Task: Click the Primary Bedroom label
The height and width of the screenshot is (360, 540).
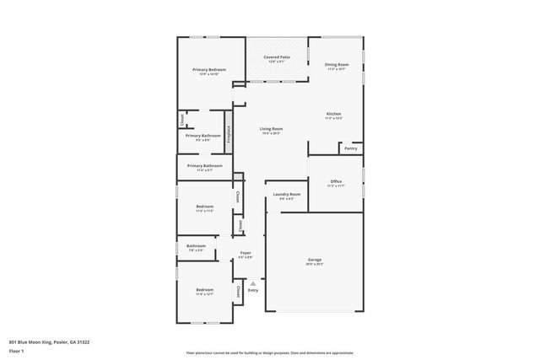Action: coord(203,69)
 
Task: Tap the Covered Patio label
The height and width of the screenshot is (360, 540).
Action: coord(277,56)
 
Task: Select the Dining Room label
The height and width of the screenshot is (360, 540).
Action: coord(337,64)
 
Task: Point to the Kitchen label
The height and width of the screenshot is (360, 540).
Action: coord(334,114)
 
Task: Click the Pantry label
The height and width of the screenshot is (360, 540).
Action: coord(351,148)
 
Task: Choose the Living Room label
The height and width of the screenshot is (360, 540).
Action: coord(271,128)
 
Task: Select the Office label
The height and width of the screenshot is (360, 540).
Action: coord(336,181)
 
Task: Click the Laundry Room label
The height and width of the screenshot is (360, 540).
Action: coord(287,194)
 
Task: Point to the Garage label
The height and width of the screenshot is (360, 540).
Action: coord(314,260)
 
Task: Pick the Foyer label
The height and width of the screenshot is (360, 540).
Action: coord(246,253)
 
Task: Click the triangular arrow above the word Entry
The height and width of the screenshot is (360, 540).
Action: coord(253,284)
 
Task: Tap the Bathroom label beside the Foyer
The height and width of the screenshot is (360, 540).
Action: coord(196,245)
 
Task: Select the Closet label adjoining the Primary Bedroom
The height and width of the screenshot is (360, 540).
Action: coord(181,121)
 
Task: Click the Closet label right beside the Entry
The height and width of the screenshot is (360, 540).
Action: coord(239,291)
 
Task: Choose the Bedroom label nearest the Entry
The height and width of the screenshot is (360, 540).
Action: coord(205,290)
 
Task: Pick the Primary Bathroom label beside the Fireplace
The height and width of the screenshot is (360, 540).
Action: coord(203,136)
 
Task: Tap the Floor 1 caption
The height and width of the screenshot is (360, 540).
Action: coord(17,350)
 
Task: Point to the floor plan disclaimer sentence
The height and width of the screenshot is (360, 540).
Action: coord(270,353)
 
